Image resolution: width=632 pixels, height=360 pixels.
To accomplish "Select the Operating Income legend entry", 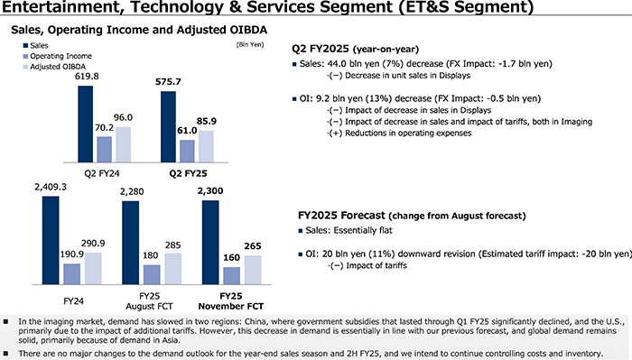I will pos(59,55).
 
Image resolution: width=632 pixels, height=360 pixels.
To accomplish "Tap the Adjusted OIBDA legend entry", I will pos(55,67).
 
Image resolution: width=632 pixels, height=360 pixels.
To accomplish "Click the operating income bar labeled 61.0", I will pos(187,150).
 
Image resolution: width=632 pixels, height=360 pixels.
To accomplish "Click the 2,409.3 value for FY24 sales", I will pos(51,187).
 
